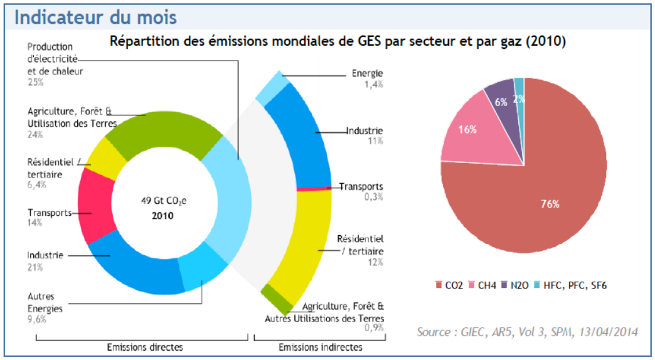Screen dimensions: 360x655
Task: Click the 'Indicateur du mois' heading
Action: pos(95,17)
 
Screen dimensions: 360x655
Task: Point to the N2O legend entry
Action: pos(516,285)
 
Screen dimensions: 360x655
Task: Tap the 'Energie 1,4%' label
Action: pos(367,79)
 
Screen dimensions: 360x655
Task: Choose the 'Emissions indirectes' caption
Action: pos(320,347)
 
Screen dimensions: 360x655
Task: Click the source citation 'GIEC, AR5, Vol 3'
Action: pos(527,331)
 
